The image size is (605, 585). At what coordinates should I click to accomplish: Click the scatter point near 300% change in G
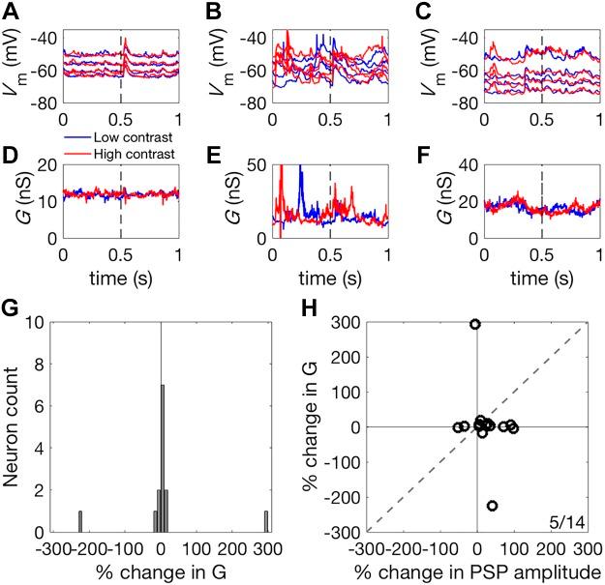[x=475, y=324]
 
